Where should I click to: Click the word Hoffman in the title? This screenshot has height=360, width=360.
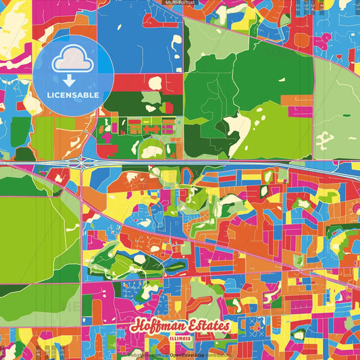point(157,326)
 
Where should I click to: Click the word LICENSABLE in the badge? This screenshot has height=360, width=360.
point(73,95)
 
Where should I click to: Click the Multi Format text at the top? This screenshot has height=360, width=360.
point(180,3)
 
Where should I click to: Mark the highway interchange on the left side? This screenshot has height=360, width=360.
point(84,163)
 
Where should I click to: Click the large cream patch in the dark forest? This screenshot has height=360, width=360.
point(237,124)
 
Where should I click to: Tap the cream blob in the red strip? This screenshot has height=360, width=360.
point(155,83)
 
